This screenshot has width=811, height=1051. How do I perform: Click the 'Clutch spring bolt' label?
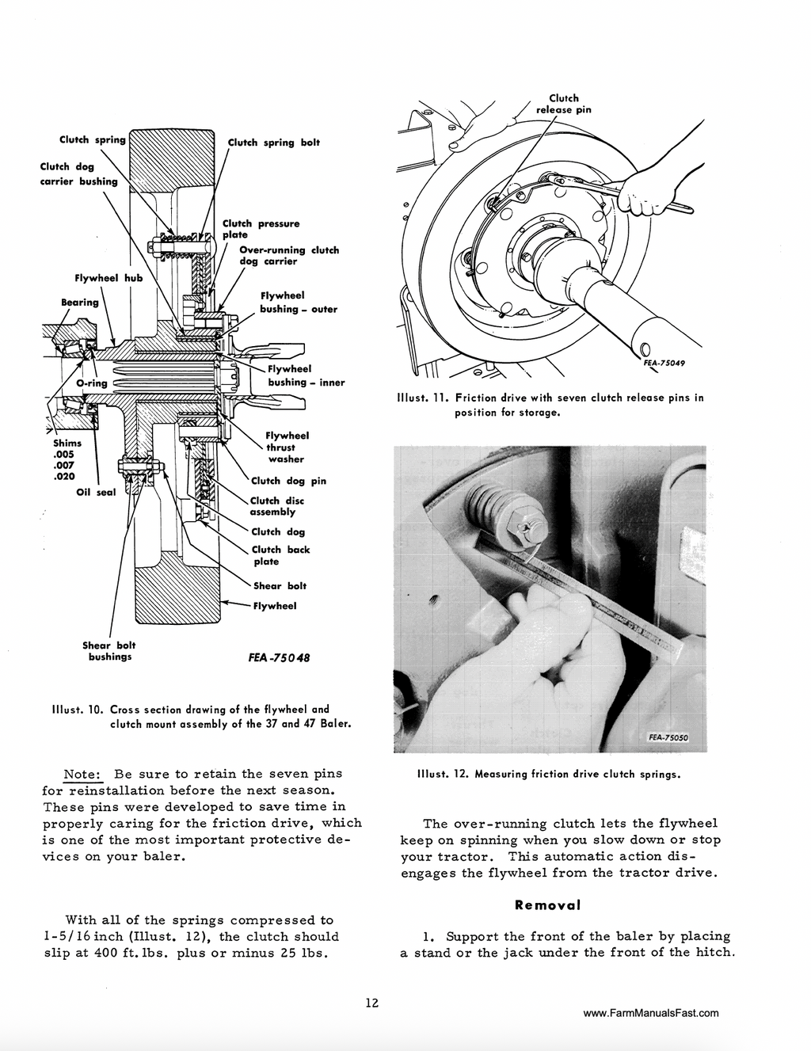coord(273,143)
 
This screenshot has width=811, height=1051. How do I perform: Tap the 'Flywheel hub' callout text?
coord(108,279)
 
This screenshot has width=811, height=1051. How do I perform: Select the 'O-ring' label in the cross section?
coord(91,383)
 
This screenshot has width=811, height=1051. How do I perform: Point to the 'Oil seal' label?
coord(96,493)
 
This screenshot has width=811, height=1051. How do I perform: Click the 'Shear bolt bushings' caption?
coord(109,651)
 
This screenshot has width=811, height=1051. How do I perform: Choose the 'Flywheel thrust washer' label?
coord(287,447)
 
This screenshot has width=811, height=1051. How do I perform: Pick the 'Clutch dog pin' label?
coord(288,481)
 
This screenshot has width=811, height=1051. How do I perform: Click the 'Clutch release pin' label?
coord(563,104)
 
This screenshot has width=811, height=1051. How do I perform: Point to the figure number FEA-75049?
coord(664,363)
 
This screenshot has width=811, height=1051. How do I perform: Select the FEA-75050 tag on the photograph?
coord(668,737)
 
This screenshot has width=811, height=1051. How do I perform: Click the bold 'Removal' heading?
coord(547,904)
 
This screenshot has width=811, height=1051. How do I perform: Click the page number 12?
coord(371,1003)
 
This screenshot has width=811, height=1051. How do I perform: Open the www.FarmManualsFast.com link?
coord(650,1013)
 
